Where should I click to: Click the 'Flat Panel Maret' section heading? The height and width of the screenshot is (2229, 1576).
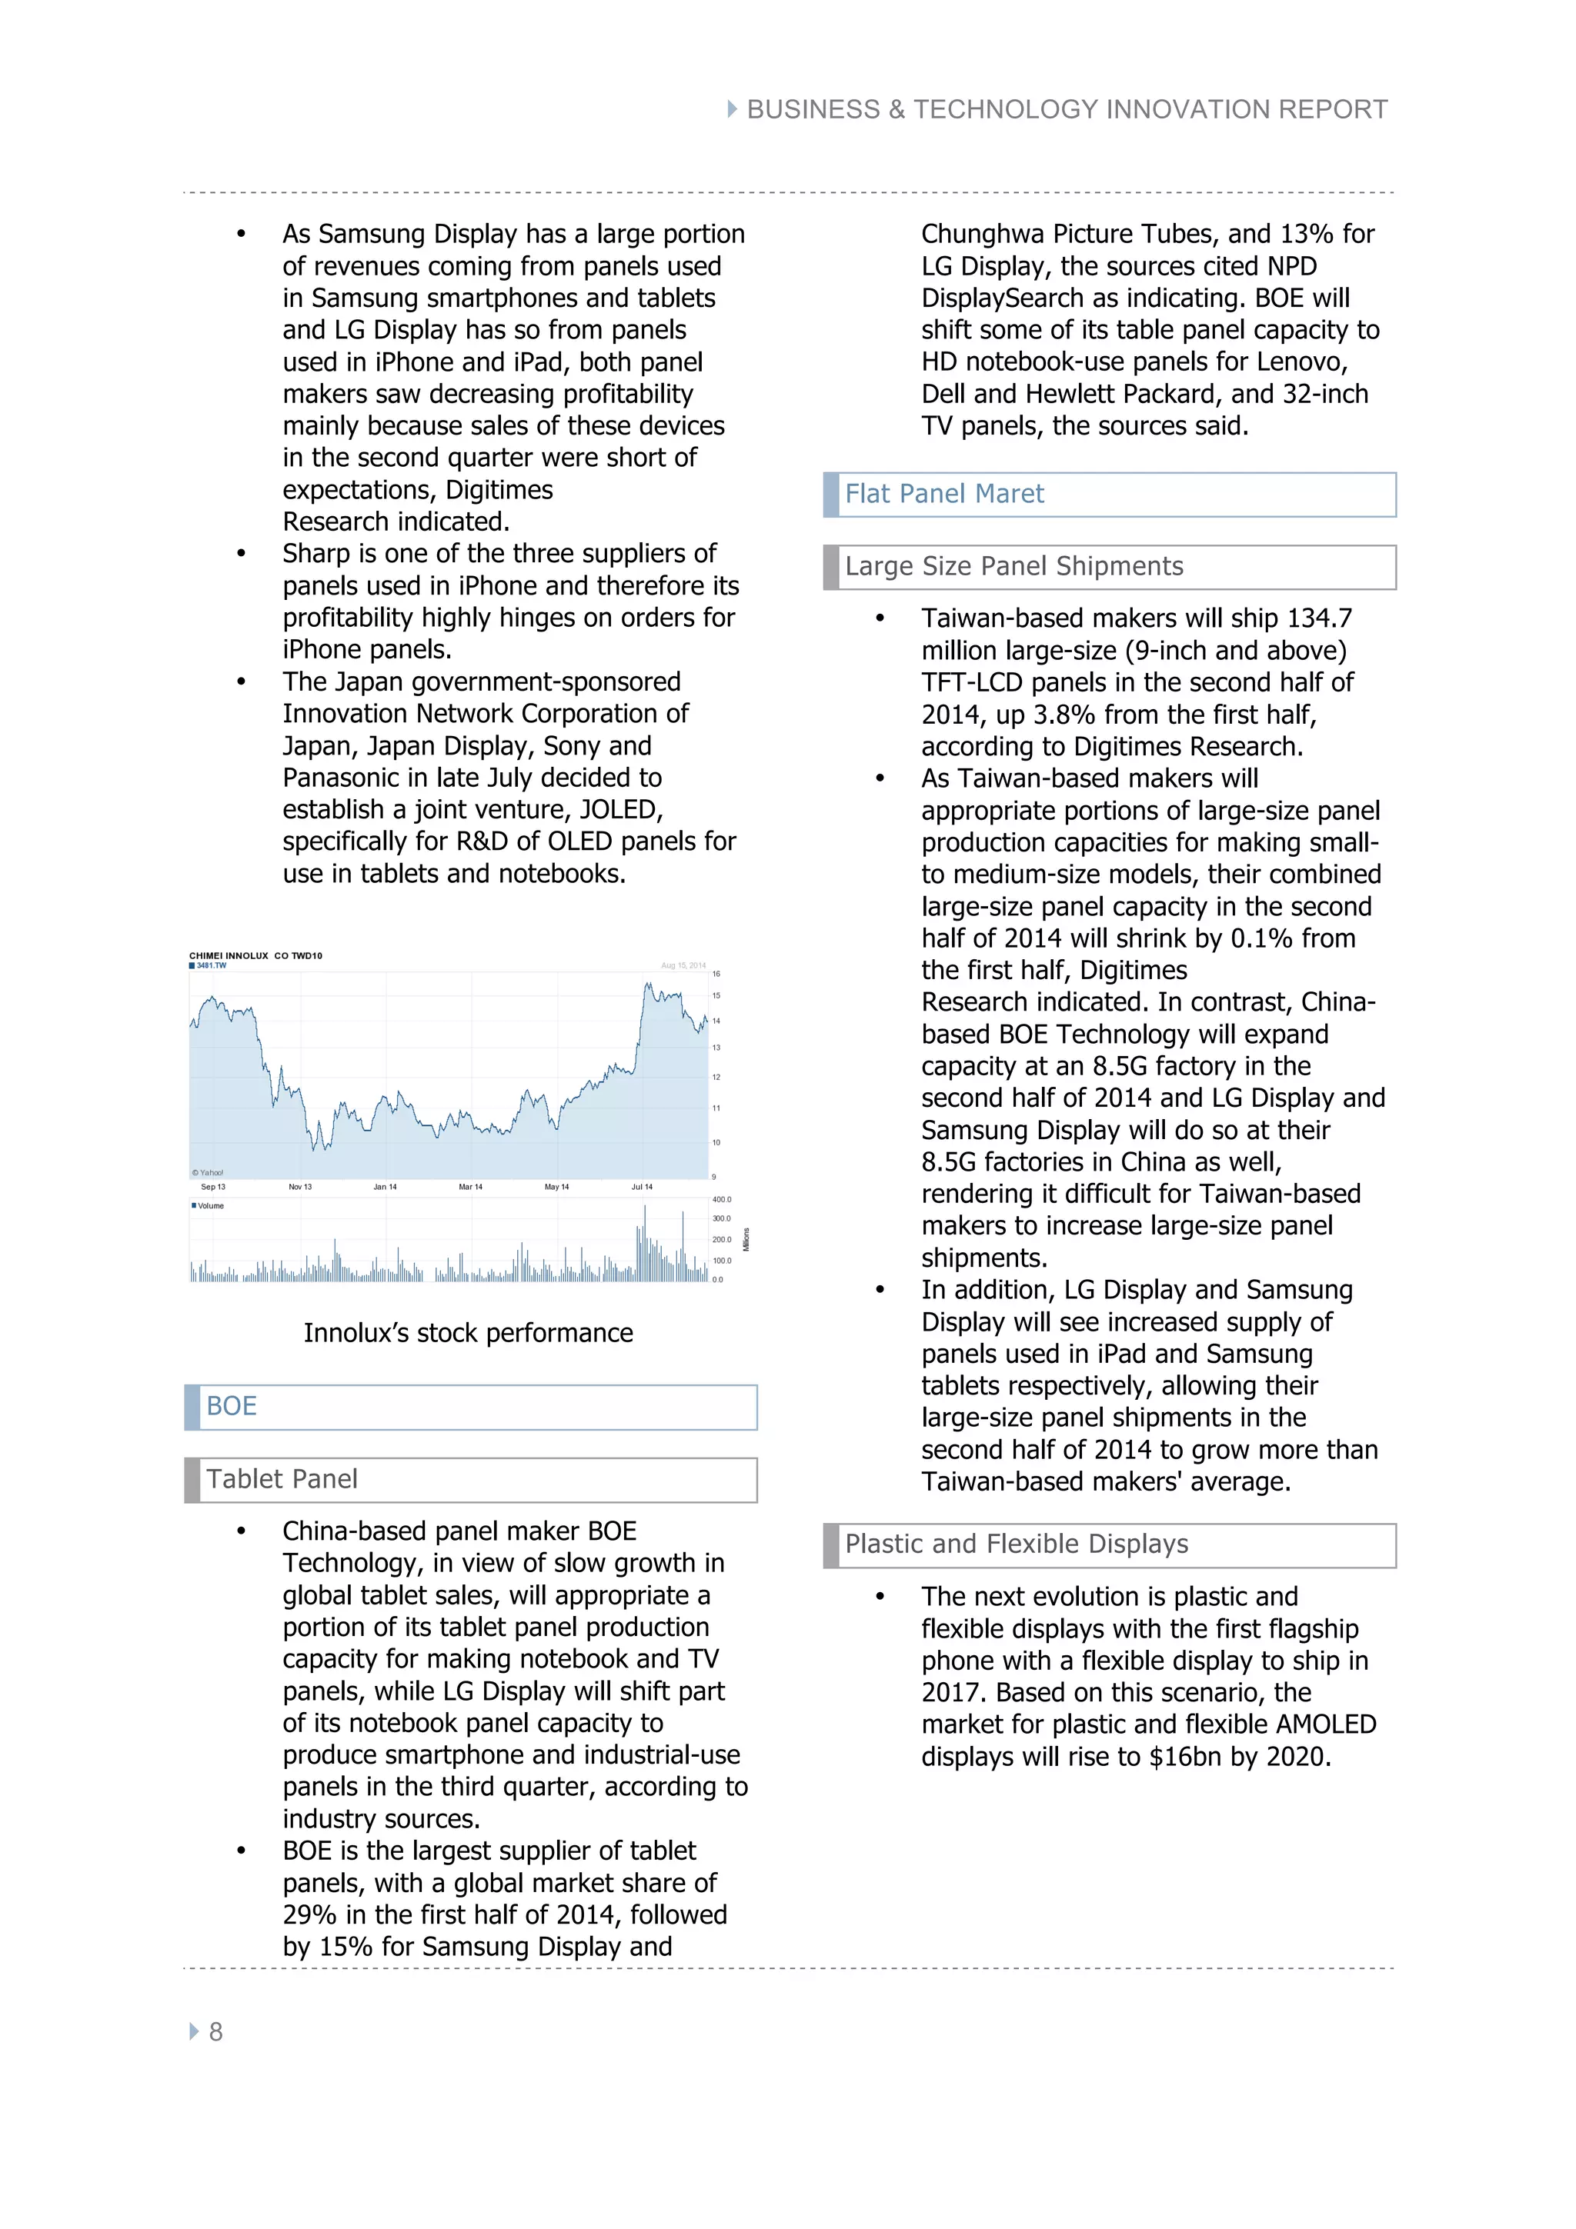click(x=944, y=494)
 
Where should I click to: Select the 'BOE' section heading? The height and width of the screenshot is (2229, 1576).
click(x=231, y=1406)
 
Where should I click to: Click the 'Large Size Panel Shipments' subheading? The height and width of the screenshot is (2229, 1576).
click(x=1013, y=566)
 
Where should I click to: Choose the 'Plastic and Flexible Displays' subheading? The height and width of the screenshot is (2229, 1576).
click(x=1016, y=1544)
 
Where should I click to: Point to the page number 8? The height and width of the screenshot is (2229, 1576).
click(x=215, y=2032)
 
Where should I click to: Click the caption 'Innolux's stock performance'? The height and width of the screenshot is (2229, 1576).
click(x=468, y=1333)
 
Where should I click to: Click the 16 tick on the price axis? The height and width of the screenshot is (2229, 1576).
click(x=716, y=973)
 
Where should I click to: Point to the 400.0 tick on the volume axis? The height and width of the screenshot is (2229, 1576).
click(x=722, y=1199)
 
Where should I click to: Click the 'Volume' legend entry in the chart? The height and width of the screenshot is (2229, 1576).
click(x=210, y=1206)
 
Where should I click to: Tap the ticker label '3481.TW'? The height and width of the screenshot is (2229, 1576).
click(x=211, y=965)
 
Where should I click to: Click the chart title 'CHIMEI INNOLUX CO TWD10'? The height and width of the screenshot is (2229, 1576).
click(x=255, y=955)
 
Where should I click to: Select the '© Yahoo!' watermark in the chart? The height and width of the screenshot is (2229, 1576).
click(x=208, y=1173)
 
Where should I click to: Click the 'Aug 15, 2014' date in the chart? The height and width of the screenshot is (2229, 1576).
click(x=683, y=965)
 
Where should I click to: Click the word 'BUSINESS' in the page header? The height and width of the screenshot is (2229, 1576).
click(x=813, y=110)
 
